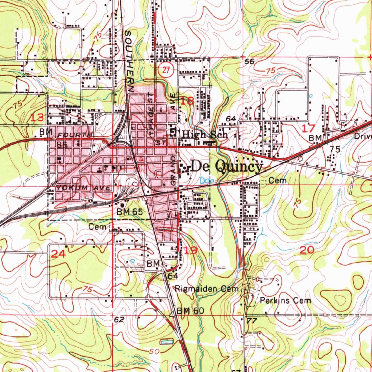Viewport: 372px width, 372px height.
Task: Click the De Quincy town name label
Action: (226, 166)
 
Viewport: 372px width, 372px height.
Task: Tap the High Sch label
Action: (205, 134)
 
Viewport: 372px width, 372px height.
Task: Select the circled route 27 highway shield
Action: (166, 70)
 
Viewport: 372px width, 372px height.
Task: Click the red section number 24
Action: (58, 254)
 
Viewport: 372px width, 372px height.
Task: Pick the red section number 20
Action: (307, 250)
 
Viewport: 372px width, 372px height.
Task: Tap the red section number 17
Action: (309, 128)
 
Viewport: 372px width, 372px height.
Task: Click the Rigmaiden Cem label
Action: (206, 289)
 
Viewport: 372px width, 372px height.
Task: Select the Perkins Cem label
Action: (286, 300)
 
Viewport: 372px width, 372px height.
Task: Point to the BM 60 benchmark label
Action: (191, 311)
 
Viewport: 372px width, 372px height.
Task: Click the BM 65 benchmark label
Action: (130, 211)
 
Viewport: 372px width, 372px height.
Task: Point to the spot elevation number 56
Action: (249, 62)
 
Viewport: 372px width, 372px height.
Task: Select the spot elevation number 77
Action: (251, 321)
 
